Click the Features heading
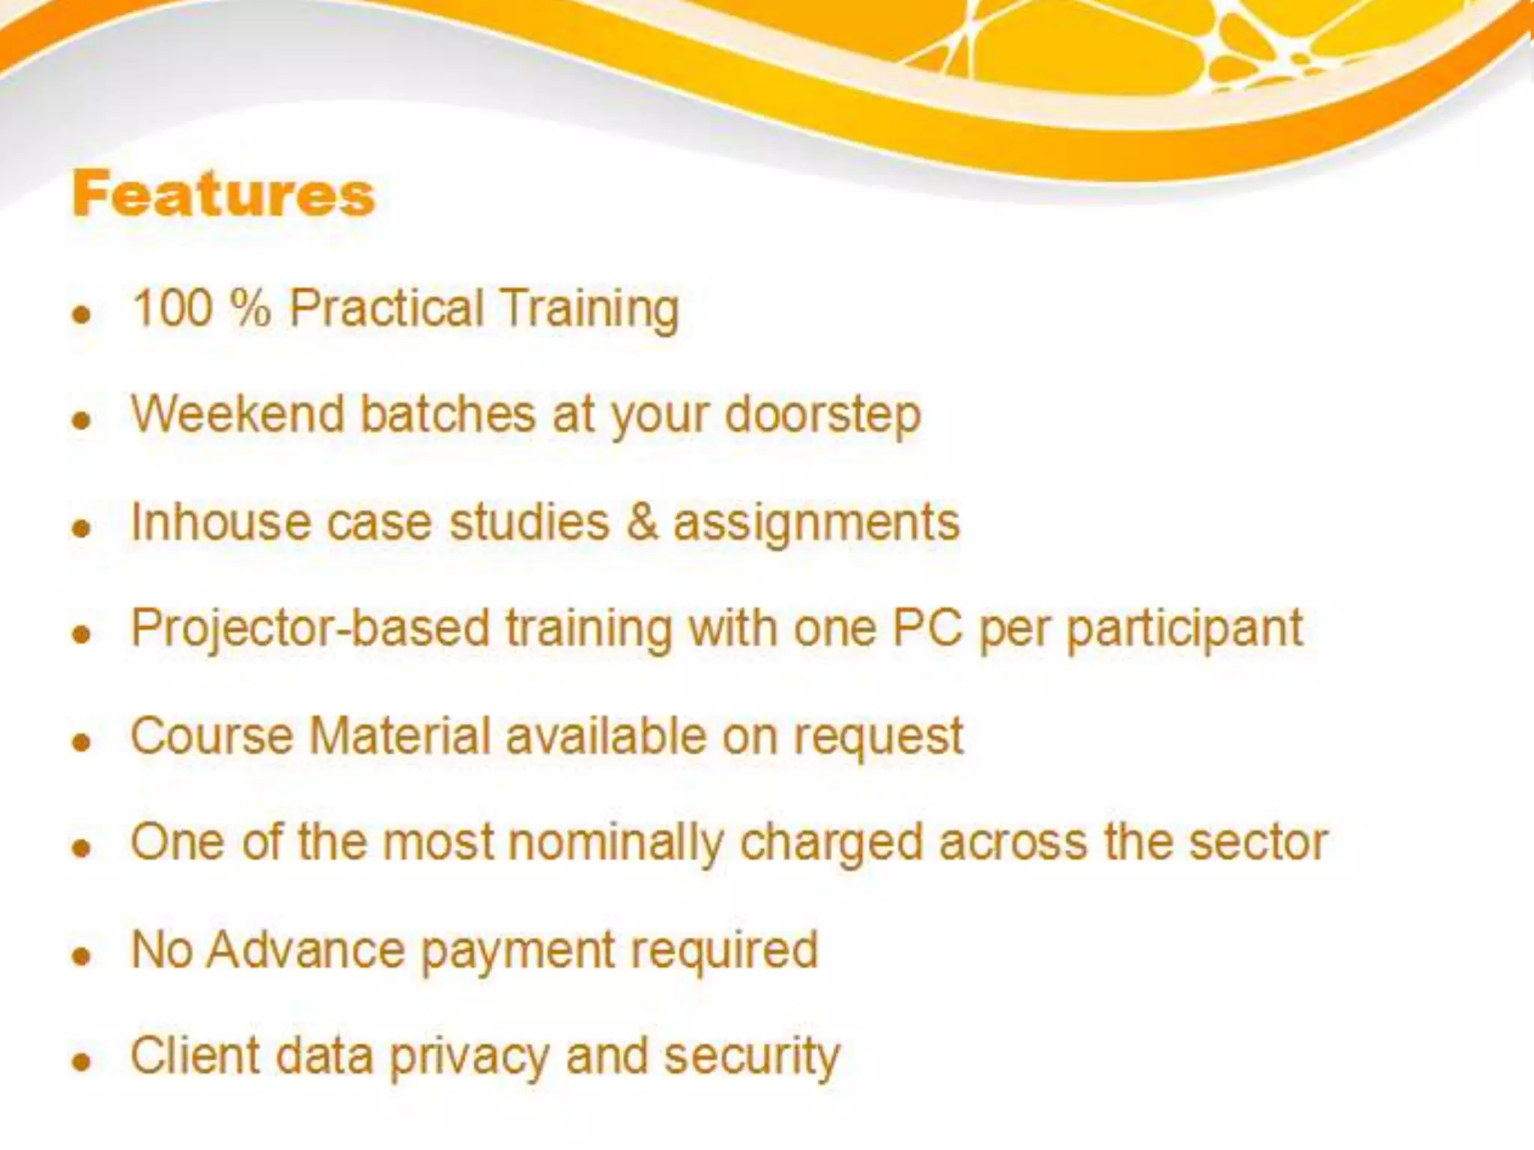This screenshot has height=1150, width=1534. [222, 194]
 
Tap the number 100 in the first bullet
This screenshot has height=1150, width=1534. [172, 308]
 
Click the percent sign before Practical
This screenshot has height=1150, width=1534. [250, 308]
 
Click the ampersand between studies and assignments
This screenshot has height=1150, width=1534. [642, 522]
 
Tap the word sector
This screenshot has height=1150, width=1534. [1258, 842]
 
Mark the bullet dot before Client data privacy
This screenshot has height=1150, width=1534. [82, 1062]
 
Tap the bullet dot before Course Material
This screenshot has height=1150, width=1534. [82, 741]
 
